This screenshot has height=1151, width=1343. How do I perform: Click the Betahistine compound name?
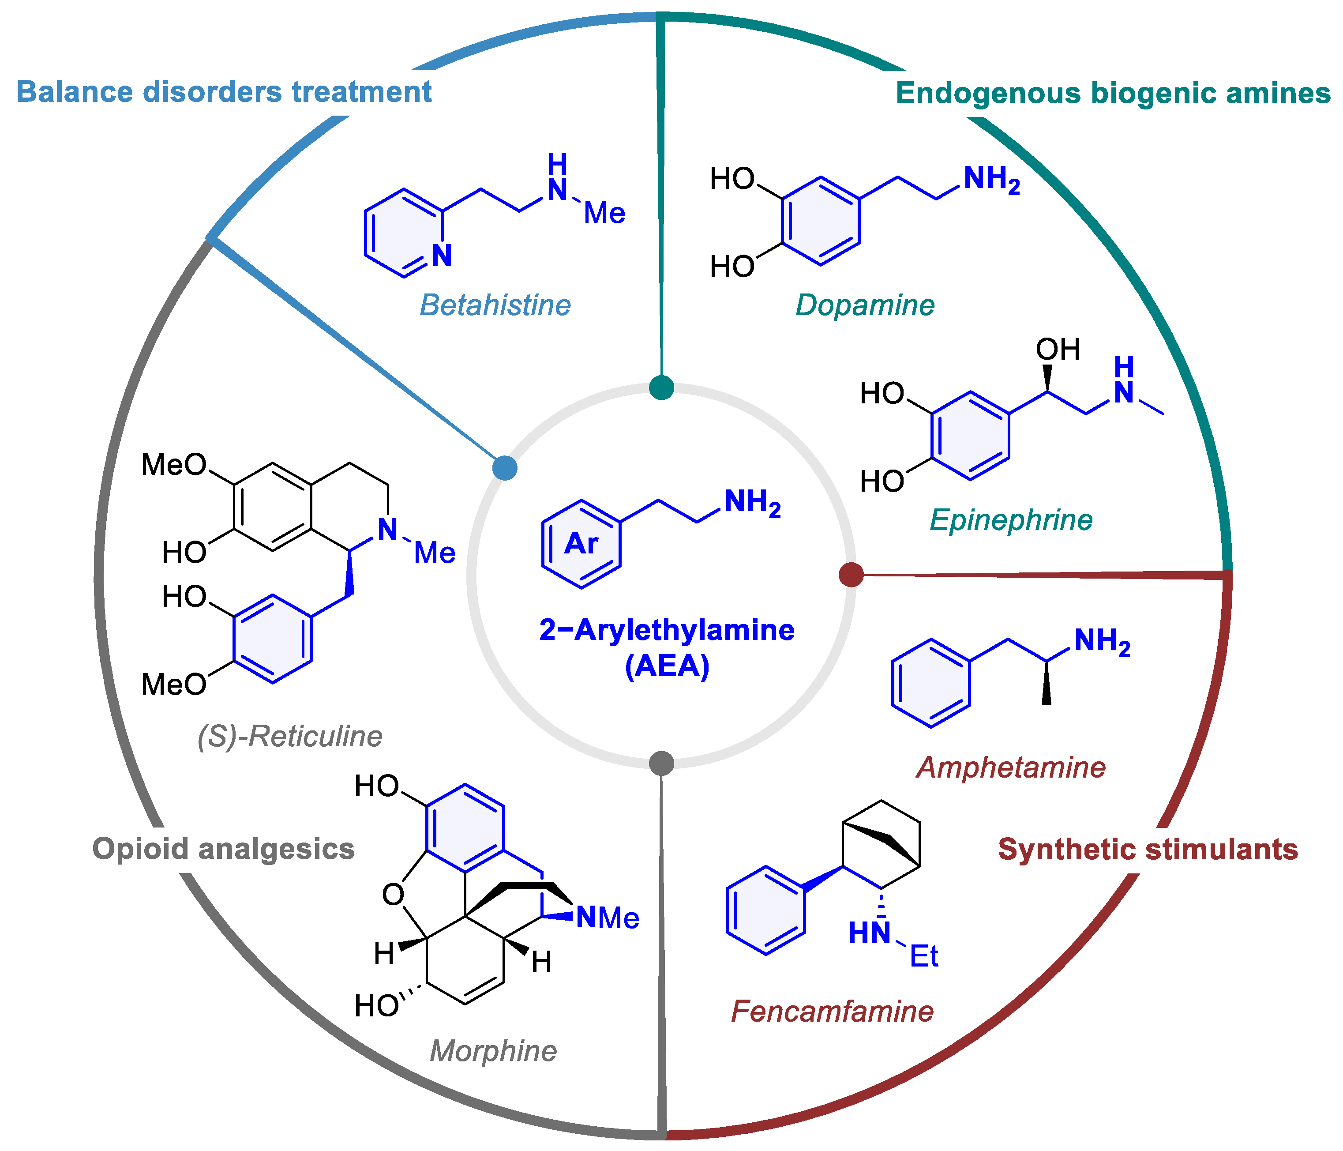click(495, 305)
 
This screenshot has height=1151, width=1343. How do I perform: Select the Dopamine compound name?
click(865, 305)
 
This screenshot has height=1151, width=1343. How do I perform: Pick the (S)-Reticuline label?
click(290, 737)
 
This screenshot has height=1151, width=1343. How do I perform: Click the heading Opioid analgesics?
click(224, 849)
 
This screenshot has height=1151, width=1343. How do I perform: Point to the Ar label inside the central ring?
click(581, 543)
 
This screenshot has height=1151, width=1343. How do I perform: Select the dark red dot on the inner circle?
click(851, 575)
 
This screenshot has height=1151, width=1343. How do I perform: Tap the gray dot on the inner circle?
click(661, 763)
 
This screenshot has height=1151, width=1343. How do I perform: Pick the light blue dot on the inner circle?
click(505, 467)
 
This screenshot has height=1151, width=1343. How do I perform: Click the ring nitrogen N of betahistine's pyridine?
click(442, 256)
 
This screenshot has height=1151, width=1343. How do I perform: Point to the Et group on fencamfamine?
click(923, 956)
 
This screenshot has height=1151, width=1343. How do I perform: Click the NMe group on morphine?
click(608, 918)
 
